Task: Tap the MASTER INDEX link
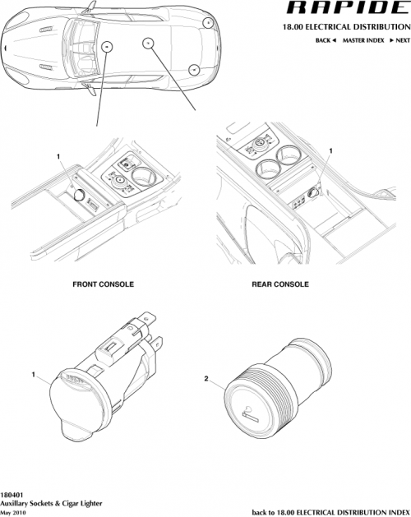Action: (x=363, y=40)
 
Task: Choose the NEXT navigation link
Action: (x=399, y=40)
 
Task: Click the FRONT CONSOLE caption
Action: (x=103, y=284)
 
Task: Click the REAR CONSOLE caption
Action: (x=279, y=284)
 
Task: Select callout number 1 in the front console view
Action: (x=58, y=156)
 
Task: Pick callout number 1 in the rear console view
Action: (x=330, y=151)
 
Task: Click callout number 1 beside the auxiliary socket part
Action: (x=34, y=375)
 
